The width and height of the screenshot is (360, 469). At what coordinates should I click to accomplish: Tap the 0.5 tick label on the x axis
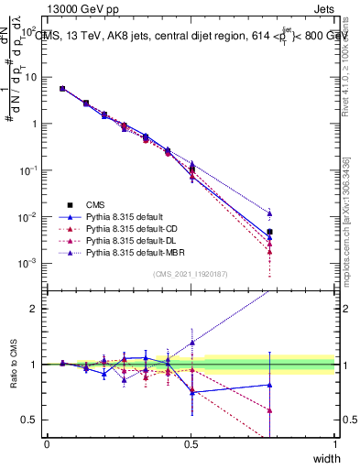[191, 443]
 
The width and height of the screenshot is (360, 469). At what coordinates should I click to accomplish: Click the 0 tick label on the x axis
[47, 443]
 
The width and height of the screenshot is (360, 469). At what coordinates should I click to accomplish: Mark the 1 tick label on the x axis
[335, 443]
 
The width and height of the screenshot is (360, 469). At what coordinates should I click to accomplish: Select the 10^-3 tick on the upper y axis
[29, 263]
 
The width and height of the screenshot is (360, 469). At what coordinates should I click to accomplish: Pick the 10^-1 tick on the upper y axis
[29, 170]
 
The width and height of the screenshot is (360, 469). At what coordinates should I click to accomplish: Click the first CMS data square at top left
[61, 89]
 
